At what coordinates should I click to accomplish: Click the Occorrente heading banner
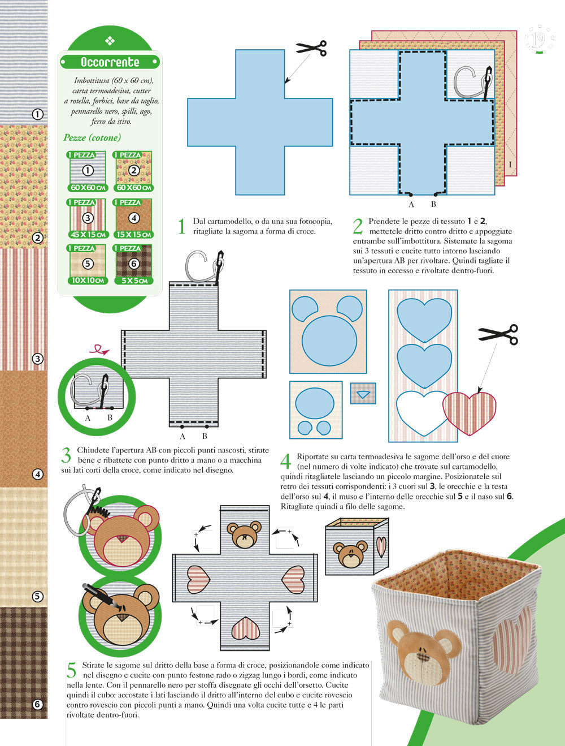tap(110, 62)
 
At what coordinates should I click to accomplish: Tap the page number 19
tap(538, 40)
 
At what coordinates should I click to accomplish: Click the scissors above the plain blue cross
tap(311, 48)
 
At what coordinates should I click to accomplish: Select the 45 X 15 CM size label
tap(88, 234)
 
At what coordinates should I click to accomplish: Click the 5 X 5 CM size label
tap(134, 281)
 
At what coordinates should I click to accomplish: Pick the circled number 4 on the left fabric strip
tap(37, 474)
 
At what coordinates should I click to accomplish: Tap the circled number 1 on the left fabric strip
tap(37, 114)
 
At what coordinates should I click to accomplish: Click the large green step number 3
tap(66, 455)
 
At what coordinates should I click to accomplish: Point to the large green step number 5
tap(72, 670)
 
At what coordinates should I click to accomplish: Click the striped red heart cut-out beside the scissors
tap(470, 413)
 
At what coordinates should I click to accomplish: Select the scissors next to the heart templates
tap(498, 334)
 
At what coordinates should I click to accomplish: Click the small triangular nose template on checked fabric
tap(363, 394)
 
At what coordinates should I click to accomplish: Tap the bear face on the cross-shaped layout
tap(244, 534)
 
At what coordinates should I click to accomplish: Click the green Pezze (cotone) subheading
tap(92, 137)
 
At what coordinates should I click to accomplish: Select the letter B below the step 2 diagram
tap(433, 204)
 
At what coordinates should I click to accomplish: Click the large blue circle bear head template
tap(329, 340)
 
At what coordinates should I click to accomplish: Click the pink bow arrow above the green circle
tap(99, 350)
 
